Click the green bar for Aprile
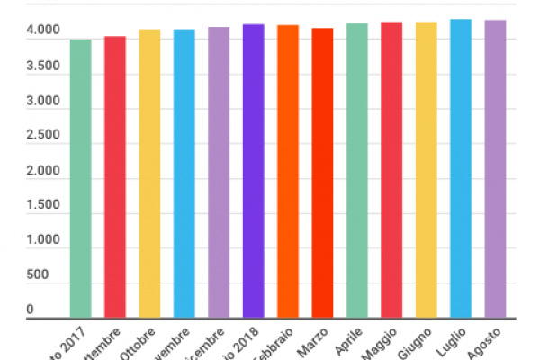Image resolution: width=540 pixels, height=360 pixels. tap(357, 171)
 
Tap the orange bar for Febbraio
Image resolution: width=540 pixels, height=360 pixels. tap(288, 171)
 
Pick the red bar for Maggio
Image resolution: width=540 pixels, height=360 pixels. tap(391, 170)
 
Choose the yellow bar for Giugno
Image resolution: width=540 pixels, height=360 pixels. tap(427, 170)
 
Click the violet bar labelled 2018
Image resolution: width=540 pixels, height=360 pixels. tap(253, 171)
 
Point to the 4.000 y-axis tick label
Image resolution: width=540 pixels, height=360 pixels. tap(43, 31)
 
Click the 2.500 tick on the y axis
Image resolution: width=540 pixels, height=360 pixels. tap(43, 136)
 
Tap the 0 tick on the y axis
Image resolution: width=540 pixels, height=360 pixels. tap(31, 310)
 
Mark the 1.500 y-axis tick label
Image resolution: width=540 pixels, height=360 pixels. tap(43, 205)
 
